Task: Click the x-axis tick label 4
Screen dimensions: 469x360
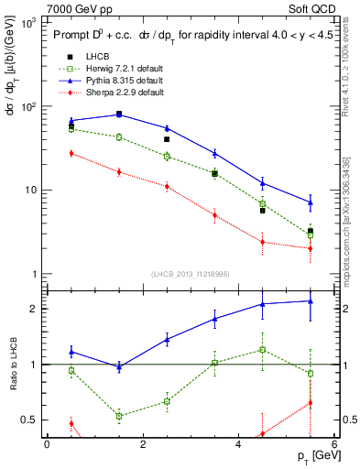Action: click(x=238, y=444)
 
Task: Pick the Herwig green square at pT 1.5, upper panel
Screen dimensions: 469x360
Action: click(x=119, y=137)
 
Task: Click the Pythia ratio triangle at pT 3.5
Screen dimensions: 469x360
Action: click(x=214, y=319)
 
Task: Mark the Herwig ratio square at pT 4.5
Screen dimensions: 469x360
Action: click(x=262, y=349)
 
